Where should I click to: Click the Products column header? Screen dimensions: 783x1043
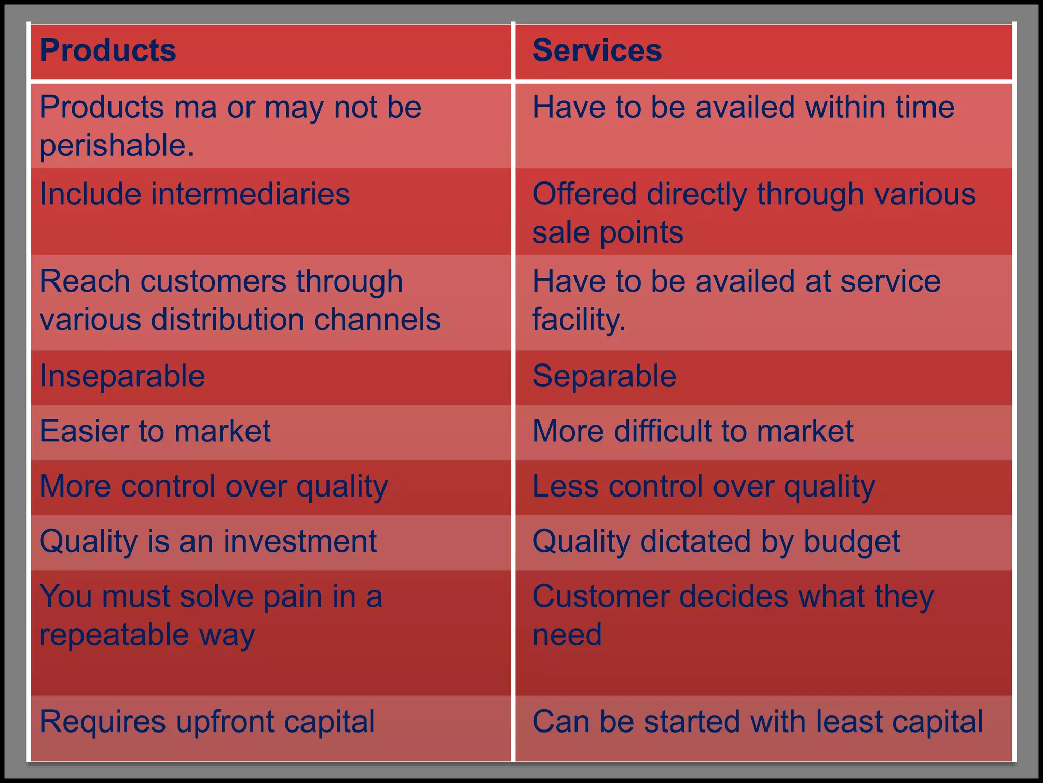coord(108,50)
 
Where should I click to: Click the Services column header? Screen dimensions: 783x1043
coord(597,50)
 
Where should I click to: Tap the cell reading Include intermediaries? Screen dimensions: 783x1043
coord(195,194)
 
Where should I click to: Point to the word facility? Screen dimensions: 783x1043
coord(579,320)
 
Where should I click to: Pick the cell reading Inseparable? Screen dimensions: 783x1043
coord(123,376)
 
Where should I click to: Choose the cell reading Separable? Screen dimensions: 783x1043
coord(605,376)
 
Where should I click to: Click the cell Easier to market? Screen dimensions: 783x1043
coord(155,431)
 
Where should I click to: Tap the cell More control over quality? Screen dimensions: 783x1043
coord(214,486)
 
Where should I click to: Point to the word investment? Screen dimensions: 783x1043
coord(300,541)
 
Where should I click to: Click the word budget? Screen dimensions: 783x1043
coord(852,541)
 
